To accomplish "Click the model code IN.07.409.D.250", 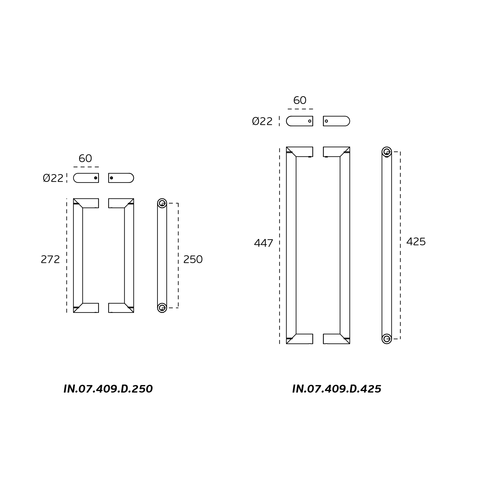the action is pyautogui.click(x=108, y=389).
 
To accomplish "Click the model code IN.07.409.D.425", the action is pyautogui.click(x=337, y=389).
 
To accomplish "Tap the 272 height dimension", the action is pyautogui.click(x=50, y=259).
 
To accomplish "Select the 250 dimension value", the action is pyautogui.click(x=193, y=259).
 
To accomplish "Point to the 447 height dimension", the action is pyautogui.click(x=264, y=243).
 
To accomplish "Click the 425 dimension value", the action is pyautogui.click(x=416, y=242).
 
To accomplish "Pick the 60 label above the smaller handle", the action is pyautogui.click(x=85, y=158).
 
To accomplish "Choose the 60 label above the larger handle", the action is pyautogui.click(x=300, y=100).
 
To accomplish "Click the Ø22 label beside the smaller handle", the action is pyautogui.click(x=53, y=178).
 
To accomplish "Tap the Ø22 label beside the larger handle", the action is pyautogui.click(x=262, y=121).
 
